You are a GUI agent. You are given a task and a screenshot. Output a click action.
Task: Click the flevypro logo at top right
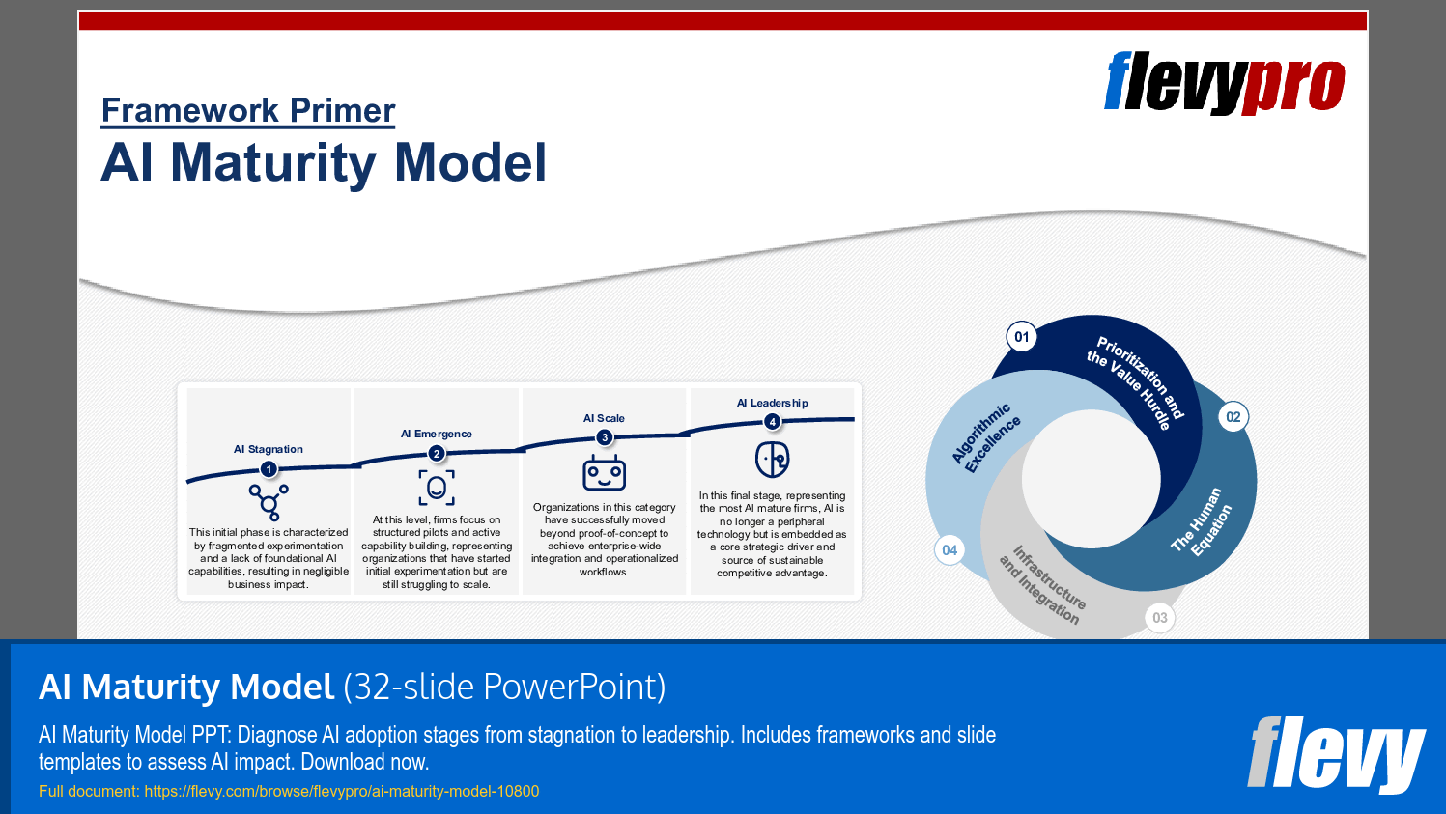[x=1224, y=84]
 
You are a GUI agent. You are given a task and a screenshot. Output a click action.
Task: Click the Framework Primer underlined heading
[x=248, y=110]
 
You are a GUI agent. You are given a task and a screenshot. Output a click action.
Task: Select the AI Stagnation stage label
[x=268, y=449]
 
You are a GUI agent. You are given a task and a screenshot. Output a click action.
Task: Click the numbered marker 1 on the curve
[x=269, y=469]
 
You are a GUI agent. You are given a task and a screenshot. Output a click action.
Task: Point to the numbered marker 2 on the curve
[x=437, y=454]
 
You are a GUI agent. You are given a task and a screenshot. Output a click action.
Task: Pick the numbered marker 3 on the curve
[x=605, y=437]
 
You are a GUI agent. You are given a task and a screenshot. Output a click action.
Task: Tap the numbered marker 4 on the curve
[x=772, y=422]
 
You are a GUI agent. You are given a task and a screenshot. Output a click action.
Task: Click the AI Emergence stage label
[x=437, y=434]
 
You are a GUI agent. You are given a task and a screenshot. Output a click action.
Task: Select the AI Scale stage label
[x=604, y=418]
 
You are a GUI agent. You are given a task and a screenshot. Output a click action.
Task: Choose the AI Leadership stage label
[x=772, y=403]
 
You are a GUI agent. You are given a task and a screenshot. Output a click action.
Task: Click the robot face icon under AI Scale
[x=605, y=473]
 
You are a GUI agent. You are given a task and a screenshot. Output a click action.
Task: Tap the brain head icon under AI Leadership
[x=772, y=460]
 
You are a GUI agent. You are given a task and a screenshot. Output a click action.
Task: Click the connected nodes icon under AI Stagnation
[x=269, y=501]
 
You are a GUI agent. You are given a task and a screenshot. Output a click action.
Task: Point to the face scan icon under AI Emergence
[x=437, y=488]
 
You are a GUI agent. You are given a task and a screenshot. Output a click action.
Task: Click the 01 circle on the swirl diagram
[x=1022, y=337]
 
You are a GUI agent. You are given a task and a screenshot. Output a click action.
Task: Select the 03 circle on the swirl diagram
[x=1160, y=618]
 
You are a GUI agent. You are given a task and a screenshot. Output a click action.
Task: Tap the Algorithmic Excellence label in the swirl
[x=986, y=438]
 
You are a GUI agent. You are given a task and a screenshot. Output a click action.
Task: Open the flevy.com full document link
[x=341, y=791]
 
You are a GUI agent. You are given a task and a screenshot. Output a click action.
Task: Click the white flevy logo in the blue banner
[x=1336, y=754]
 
